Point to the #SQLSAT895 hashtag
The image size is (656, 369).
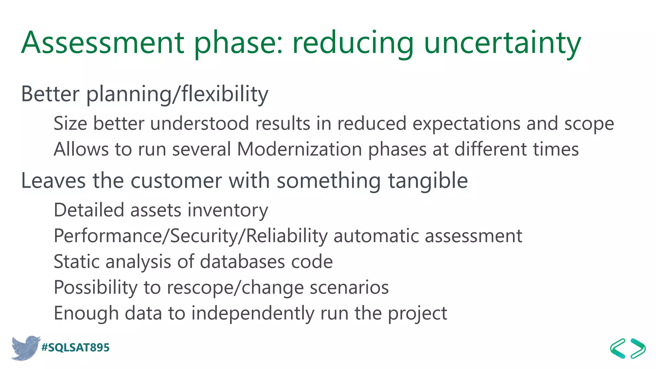[76, 348]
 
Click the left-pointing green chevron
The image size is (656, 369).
[618, 348]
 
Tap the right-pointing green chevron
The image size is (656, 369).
[638, 348]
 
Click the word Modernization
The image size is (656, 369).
[299, 149]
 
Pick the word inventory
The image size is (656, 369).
[228, 210]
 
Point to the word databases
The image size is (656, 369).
[242, 262]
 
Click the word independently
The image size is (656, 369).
[253, 313]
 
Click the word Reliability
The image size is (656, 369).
[287, 236]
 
